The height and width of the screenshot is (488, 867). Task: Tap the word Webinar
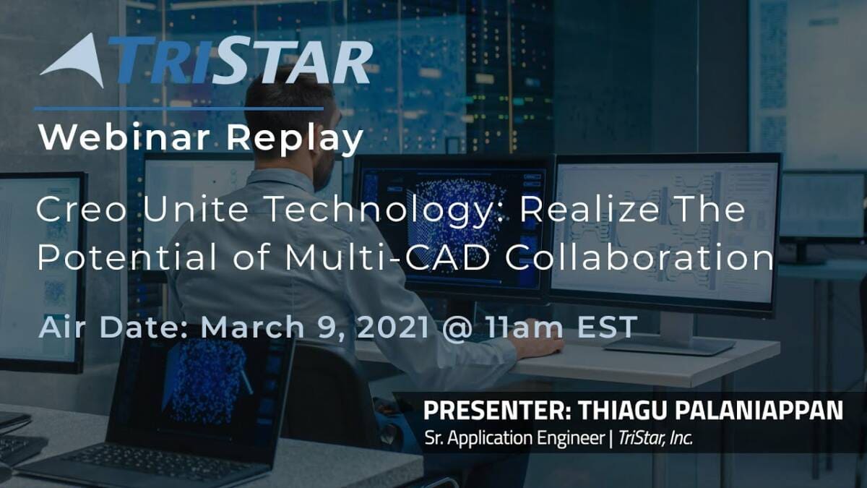[x=124, y=137]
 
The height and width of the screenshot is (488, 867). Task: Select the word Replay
[x=295, y=140]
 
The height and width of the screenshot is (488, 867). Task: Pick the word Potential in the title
[x=127, y=257]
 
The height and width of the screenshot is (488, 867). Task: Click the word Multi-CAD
[x=387, y=257]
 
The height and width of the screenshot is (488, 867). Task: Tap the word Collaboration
[x=639, y=257]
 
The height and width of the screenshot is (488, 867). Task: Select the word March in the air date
[x=252, y=327]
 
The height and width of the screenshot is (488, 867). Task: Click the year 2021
[x=393, y=327]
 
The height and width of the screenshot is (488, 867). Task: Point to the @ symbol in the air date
[x=457, y=328]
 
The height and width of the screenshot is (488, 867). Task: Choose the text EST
[x=607, y=327]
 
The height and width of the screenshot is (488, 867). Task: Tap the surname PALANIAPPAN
[x=759, y=411]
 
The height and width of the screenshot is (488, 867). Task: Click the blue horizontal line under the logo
[x=179, y=109]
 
